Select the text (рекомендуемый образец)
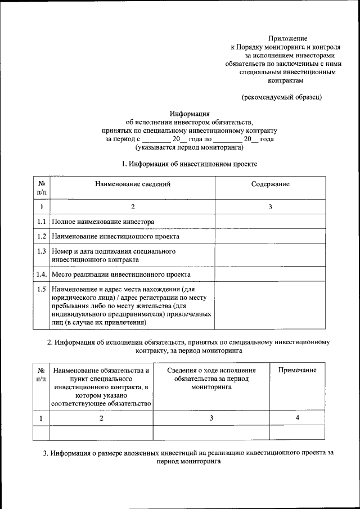(281, 97)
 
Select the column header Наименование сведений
(132, 184)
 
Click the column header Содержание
(270, 184)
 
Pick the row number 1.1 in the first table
(42, 222)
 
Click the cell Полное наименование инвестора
(102, 222)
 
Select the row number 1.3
(42, 251)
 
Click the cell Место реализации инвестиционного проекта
(121, 274)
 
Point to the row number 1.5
(42, 289)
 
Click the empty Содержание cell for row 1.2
(270, 236)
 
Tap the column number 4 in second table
(297, 418)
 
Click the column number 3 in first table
(270, 207)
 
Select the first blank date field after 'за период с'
(156, 139)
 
